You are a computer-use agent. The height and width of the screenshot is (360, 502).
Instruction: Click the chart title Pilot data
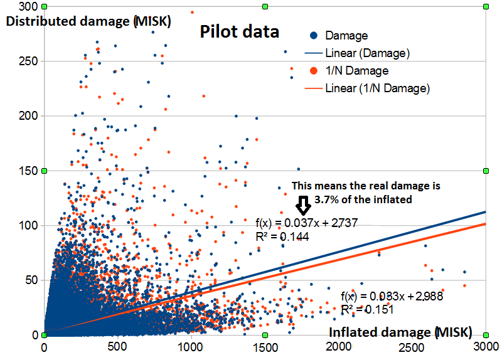tap(239, 31)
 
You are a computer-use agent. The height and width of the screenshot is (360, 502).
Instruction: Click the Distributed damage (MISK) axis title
tap(88, 21)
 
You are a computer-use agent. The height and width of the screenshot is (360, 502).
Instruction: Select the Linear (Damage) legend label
tap(367, 53)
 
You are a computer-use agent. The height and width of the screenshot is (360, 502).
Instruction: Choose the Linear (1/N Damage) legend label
tap(377, 88)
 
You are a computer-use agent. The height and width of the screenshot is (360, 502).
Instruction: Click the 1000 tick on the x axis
tap(191, 347)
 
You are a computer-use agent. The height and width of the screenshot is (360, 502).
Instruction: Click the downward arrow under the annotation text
tap(303, 204)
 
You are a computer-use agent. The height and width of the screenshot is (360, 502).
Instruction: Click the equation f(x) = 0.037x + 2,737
tap(307, 223)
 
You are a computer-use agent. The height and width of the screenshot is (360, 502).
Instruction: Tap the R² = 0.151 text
tap(367, 309)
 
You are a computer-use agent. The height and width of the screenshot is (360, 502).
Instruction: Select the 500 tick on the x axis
tap(117, 347)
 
